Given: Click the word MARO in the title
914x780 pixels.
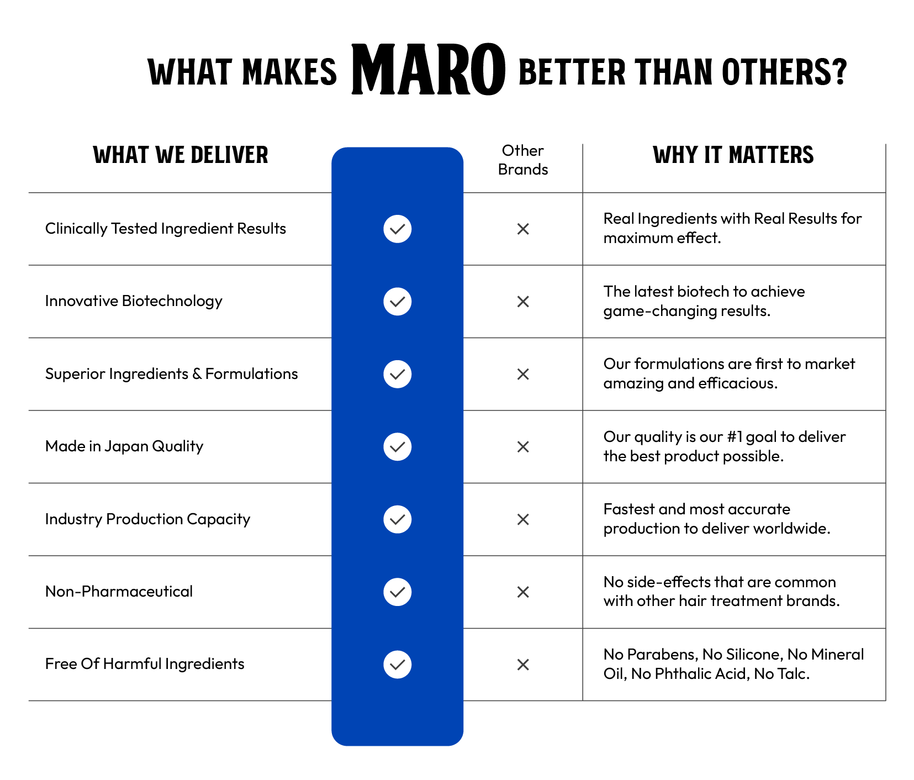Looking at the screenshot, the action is (x=428, y=70).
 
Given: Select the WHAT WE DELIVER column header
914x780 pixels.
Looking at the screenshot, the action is (x=181, y=155).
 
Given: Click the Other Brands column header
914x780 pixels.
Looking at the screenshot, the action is (x=523, y=160).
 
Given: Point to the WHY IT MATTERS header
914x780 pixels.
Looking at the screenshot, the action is (x=733, y=155).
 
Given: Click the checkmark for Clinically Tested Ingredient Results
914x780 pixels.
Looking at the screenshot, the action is (x=398, y=229).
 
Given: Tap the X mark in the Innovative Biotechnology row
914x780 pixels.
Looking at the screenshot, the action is (x=523, y=302).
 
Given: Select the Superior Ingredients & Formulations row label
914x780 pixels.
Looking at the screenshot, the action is (x=171, y=374).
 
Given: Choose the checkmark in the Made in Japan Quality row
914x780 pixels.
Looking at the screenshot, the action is (x=398, y=447).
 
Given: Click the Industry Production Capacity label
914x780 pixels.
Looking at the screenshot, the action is (x=147, y=519).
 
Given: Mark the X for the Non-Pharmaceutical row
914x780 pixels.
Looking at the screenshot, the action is (x=523, y=592).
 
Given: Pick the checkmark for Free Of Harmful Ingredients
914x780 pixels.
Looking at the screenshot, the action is (x=398, y=665).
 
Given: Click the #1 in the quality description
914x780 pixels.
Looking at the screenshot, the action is (x=735, y=437).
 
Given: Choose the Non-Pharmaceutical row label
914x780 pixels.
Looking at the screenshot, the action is (x=119, y=592).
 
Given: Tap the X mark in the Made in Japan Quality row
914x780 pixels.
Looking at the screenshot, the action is (x=523, y=447).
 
